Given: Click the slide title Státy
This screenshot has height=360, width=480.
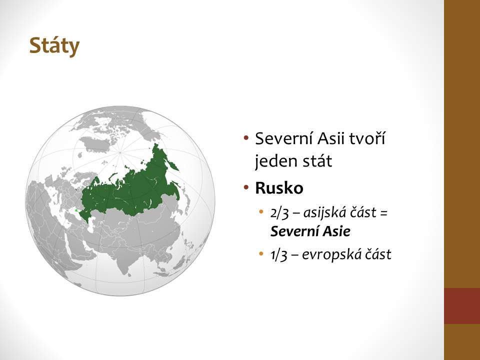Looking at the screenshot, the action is coord(54,46).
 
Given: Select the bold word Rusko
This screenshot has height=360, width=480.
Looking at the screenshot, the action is coord(279,188).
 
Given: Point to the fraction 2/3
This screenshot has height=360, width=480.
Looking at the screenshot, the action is coord(279,213).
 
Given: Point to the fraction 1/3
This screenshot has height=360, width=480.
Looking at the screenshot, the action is coord(279,254).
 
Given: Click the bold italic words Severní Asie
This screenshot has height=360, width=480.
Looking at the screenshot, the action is coord(310,231).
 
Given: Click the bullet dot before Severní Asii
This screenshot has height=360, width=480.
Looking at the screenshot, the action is coord(246,137).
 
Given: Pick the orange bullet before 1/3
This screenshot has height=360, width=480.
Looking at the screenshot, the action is coord(261,253).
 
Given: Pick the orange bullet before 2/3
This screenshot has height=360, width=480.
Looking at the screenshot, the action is coord(261,211).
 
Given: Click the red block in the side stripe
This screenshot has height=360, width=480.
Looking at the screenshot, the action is coord(462,306).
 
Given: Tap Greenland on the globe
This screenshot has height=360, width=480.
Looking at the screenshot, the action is coord(95,144).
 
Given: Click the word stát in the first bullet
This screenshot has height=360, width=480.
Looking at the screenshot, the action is coord(317,160).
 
